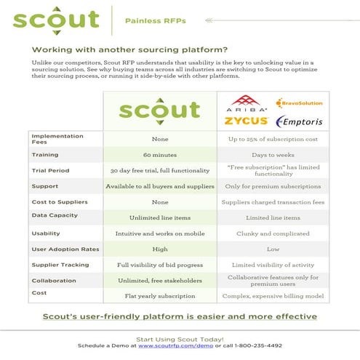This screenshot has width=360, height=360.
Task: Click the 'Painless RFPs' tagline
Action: [x=156, y=21]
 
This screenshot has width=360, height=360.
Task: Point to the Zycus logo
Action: [x=246, y=121]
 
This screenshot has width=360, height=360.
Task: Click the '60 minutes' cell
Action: [x=161, y=155]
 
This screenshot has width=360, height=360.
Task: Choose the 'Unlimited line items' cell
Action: [x=161, y=217]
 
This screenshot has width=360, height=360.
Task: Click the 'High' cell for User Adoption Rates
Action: [x=161, y=249]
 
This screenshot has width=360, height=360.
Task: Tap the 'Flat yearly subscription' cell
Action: [x=161, y=296]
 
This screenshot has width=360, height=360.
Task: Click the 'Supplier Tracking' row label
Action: [x=57, y=265]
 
